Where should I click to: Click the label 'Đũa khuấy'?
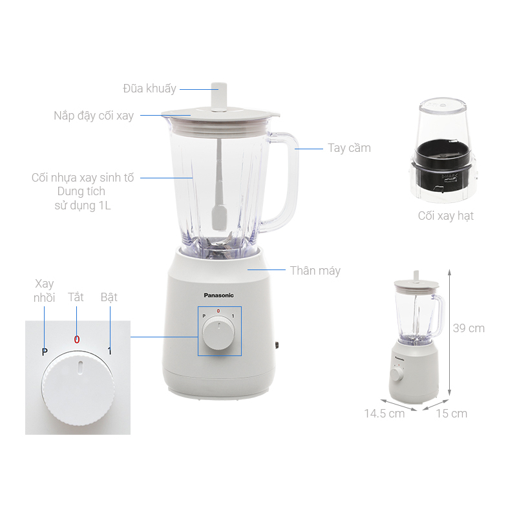pos(149,89)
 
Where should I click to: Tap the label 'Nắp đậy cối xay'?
pos(94,116)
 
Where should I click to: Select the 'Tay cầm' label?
pos(349,148)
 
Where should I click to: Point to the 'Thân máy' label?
pos(315,270)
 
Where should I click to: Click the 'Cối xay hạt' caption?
pos(445,216)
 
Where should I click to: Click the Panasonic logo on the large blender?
pos(219,295)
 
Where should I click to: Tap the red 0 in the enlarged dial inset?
pos(76,339)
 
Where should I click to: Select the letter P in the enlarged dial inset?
pos(45,352)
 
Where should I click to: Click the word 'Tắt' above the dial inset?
pos(76,298)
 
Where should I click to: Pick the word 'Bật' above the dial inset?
pos(109,298)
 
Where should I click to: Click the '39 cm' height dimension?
pos(469,328)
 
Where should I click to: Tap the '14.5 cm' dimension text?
pos(384,413)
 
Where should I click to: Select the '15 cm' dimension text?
pos(451,413)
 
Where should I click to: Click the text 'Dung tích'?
pos(81,192)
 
